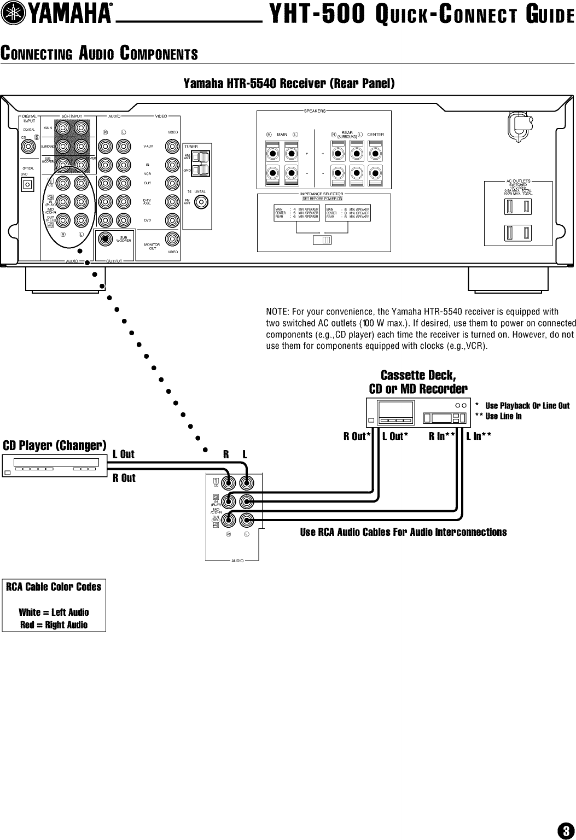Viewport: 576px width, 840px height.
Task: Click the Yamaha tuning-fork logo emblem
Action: [x=10, y=15]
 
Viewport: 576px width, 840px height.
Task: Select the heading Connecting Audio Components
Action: [x=99, y=54]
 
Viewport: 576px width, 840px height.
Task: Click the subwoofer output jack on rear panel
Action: [x=105, y=239]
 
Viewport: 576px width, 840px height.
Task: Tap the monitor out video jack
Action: [x=172, y=238]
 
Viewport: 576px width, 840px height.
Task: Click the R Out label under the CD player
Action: [x=124, y=479]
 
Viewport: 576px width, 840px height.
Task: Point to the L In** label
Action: [x=479, y=436]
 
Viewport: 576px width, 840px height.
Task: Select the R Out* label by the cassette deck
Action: [x=357, y=436]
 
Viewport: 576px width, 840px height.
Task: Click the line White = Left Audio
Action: [x=54, y=612]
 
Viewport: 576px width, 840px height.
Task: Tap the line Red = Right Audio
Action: [x=54, y=625]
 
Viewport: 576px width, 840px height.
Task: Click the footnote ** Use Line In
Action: [x=498, y=416]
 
